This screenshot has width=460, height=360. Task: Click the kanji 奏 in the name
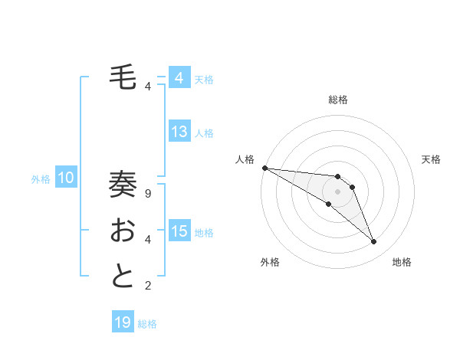(x=123, y=185)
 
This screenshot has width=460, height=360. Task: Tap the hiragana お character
(x=123, y=231)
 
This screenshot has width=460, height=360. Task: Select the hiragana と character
(x=123, y=277)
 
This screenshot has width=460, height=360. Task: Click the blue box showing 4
(x=179, y=78)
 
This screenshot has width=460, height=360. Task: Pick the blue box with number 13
(x=179, y=132)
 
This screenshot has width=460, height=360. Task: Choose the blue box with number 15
(x=179, y=231)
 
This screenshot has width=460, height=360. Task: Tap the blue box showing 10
(x=66, y=178)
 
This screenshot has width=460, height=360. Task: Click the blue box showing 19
(x=123, y=322)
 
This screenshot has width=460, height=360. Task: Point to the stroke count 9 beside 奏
(x=148, y=194)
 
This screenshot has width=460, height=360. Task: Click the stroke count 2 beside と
(x=148, y=286)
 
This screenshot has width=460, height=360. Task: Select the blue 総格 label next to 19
(x=147, y=324)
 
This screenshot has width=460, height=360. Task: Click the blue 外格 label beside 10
(x=41, y=179)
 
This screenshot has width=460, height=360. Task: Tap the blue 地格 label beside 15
(x=204, y=232)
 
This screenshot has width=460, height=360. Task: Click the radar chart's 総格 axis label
(x=338, y=100)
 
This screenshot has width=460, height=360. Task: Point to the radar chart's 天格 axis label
(x=432, y=159)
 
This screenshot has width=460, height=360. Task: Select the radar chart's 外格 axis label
(x=270, y=262)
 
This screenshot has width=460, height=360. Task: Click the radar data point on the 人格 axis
(x=264, y=168)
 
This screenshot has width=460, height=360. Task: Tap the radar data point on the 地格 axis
(x=373, y=242)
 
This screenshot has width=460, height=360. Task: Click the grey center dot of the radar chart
(x=338, y=191)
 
